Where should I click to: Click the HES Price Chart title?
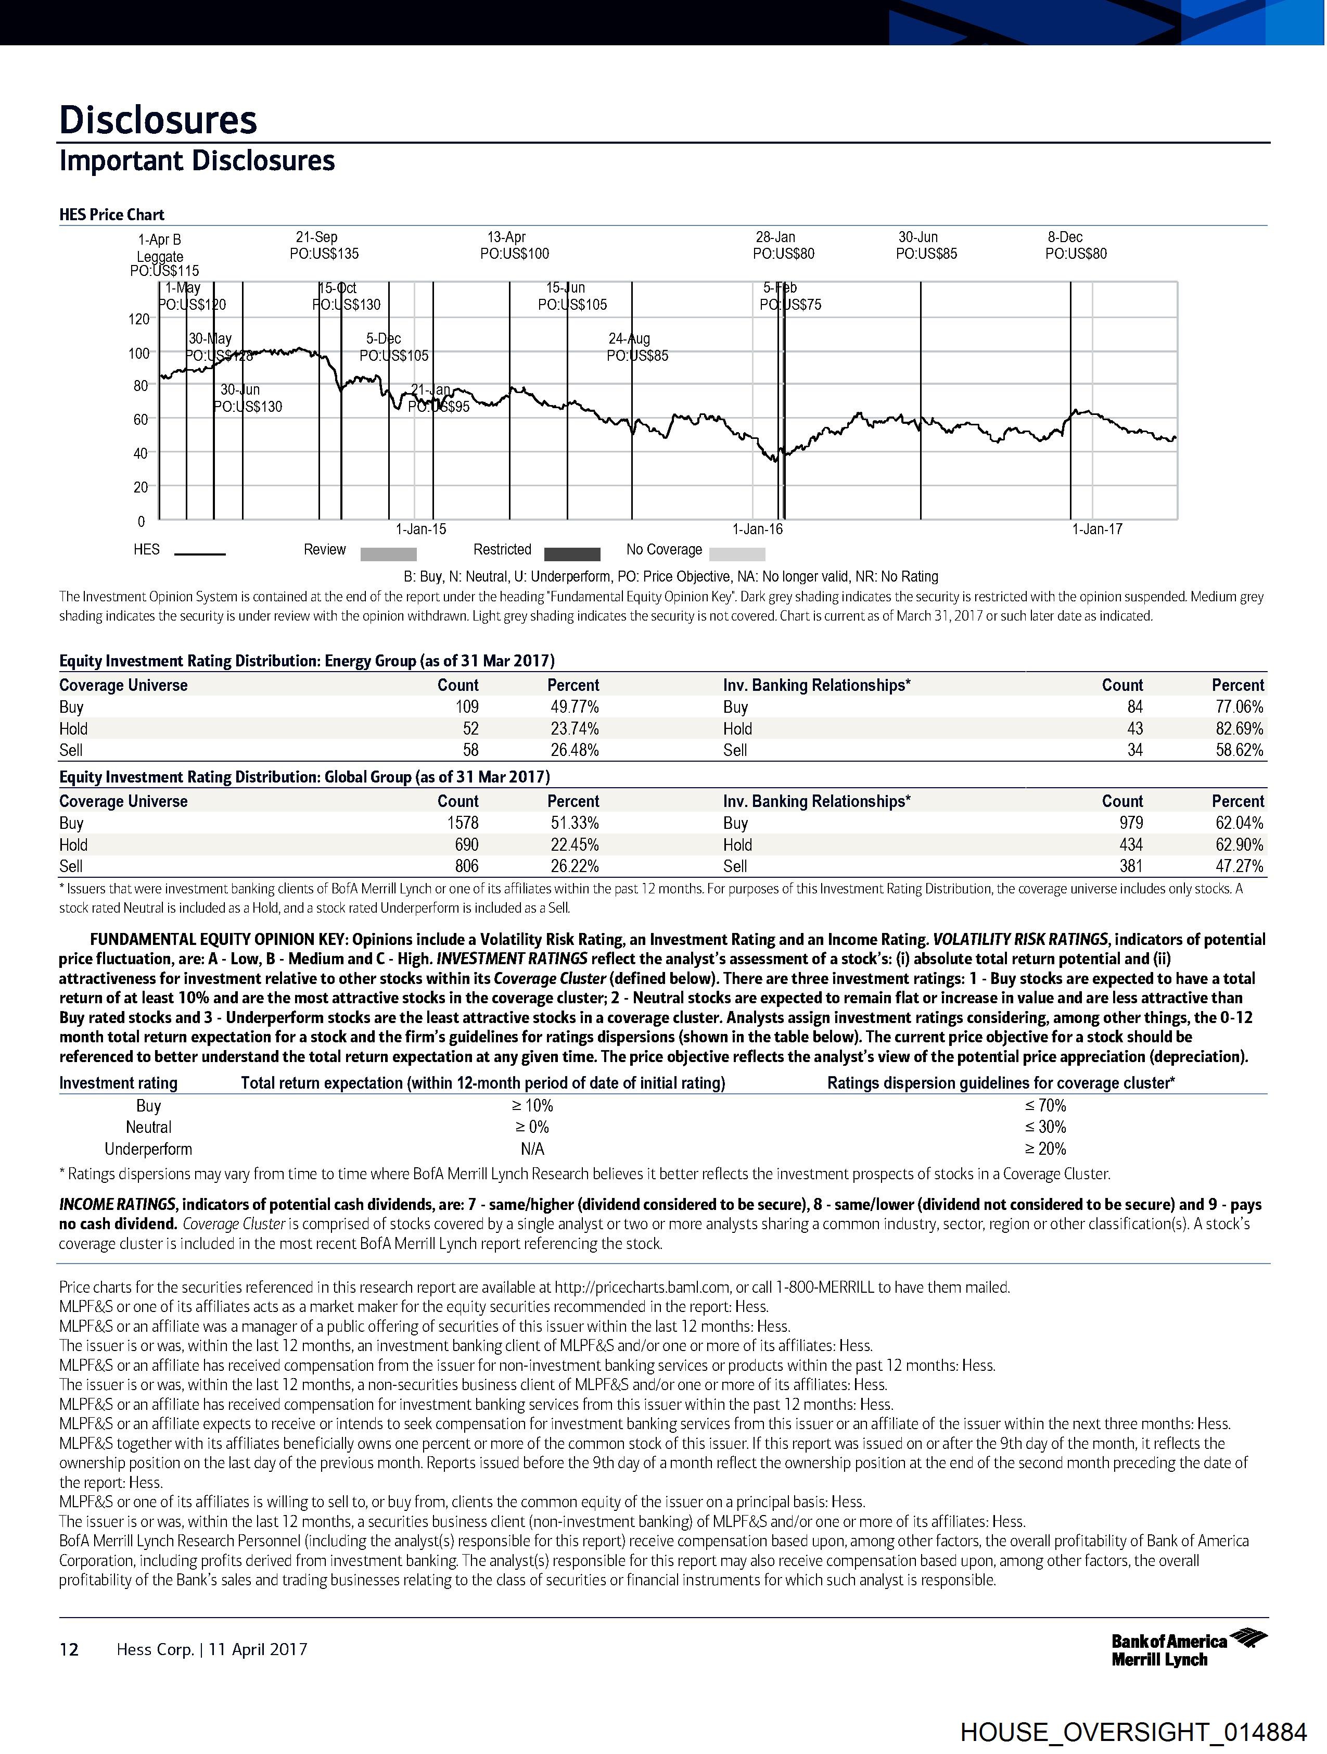(112, 215)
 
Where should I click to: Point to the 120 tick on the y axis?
(139, 319)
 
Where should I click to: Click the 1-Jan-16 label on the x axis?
(757, 529)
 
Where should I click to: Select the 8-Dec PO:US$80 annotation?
(1075, 246)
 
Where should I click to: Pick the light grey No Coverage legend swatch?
(737, 553)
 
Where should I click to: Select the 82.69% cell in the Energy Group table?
(1239, 728)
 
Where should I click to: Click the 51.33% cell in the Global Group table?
(575, 823)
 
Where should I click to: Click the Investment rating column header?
(118, 1083)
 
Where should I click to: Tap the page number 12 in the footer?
(69, 1649)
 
